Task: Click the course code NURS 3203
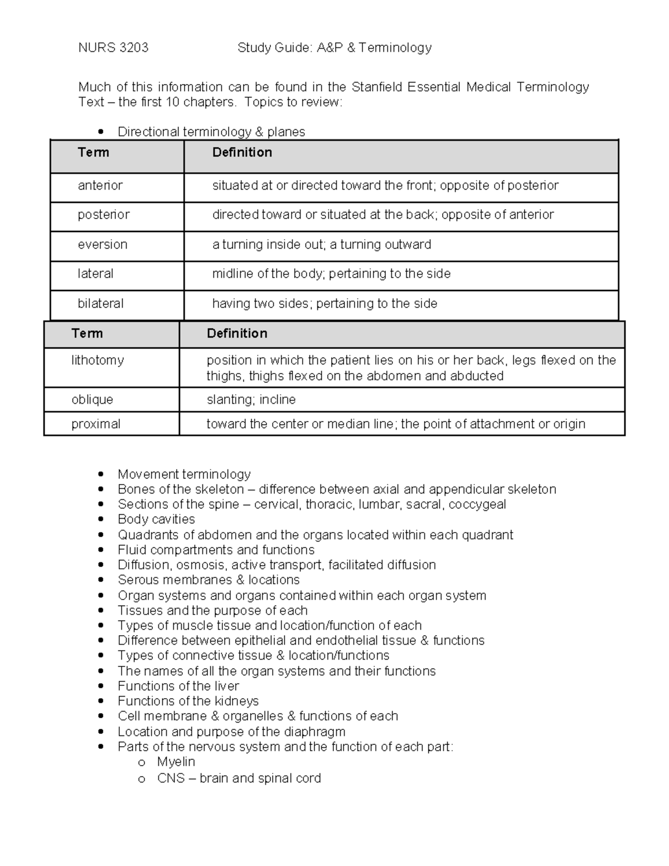(113, 48)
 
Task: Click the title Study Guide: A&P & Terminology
(334, 48)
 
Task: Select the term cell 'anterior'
(100, 186)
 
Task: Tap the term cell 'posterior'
(104, 215)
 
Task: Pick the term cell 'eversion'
(103, 245)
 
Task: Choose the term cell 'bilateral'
(101, 304)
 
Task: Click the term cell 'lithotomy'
(98, 360)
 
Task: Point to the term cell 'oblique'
(92, 400)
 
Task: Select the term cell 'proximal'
(96, 424)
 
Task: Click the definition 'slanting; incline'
(251, 400)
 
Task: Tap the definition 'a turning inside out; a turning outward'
(322, 245)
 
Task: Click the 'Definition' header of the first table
(242, 153)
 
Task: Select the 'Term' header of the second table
(87, 333)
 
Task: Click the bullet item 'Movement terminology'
(184, 475)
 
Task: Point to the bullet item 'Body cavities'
(156, 520)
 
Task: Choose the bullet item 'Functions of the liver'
(178, 686)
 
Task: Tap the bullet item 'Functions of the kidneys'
(188, 701)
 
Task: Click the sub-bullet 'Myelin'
(176, 762)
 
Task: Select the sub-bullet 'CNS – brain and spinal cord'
(239, 778)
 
